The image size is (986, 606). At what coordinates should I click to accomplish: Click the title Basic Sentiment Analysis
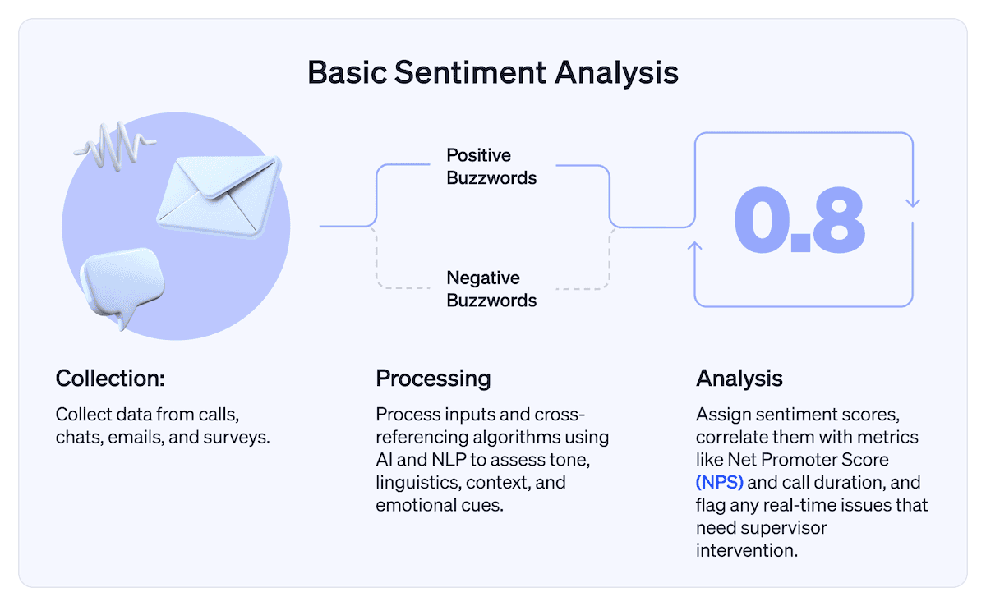(493, 72)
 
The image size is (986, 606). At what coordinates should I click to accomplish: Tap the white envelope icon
(218, 188)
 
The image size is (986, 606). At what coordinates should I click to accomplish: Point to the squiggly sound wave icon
(114, 145)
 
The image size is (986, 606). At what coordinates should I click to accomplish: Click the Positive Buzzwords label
(491, 167)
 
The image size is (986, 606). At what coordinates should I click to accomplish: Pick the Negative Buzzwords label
(491, 289)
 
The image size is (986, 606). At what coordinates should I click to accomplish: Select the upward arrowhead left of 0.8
(696, 246)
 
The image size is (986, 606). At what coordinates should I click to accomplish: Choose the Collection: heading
(110, 379)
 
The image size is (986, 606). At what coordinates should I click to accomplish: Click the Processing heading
(433, 379)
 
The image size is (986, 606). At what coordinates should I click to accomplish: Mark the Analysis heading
(739, 379)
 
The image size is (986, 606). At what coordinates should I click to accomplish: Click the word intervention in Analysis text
(746, 549)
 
